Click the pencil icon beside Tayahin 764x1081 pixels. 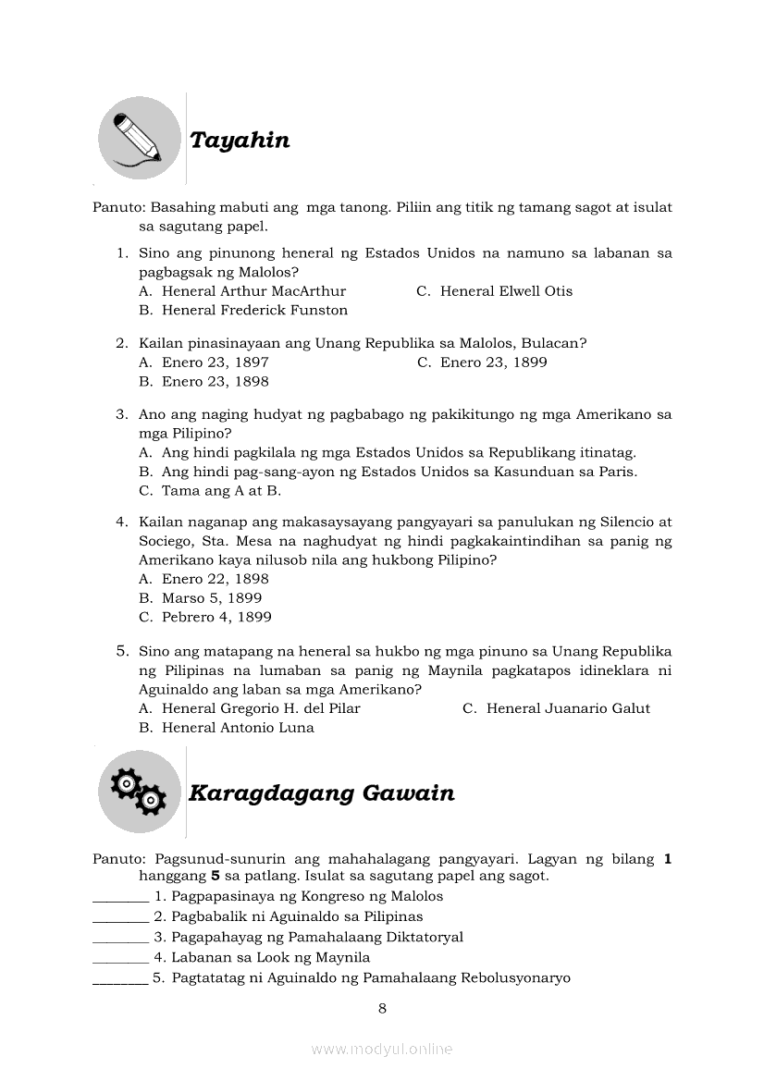click(140, 139)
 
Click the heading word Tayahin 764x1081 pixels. click(240, 141)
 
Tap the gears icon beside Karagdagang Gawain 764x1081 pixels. click(140, 792)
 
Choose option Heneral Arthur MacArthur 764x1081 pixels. click(253, 291)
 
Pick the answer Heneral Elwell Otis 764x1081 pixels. click(506, 291)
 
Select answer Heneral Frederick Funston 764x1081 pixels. click(254, 311)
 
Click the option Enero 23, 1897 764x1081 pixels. click(215, 362)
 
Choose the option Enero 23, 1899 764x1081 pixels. click(493, 362)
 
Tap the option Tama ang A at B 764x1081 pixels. click(221, 491)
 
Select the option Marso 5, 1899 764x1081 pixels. click(212, 598)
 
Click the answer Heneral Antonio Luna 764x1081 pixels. click(238, 728)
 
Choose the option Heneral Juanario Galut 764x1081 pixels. click(568, 708)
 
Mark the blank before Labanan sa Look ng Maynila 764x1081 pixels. click(120, 959)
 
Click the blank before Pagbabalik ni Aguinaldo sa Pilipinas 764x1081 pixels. click(120, 918)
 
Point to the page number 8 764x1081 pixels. click(382, 1009)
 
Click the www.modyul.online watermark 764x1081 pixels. click(382, 1050)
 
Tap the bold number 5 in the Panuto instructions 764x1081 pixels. click(216, 876)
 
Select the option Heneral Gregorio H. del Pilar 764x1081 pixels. click(261, 708)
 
